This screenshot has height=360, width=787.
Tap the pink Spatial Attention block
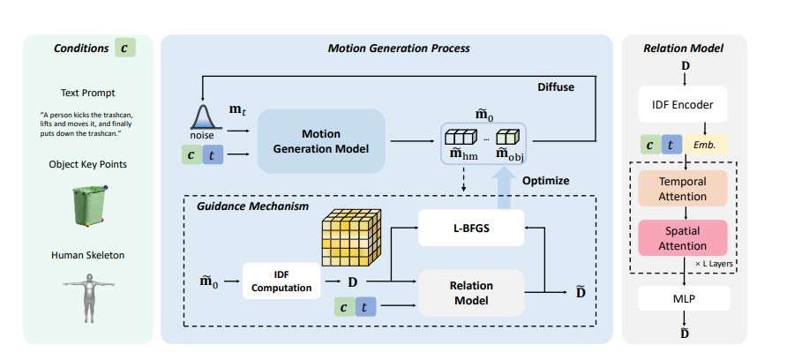(685, 237)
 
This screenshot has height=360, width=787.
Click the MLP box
(684, 298)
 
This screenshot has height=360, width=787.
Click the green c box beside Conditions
(124, 48)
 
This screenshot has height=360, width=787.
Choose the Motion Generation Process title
(386, 47)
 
